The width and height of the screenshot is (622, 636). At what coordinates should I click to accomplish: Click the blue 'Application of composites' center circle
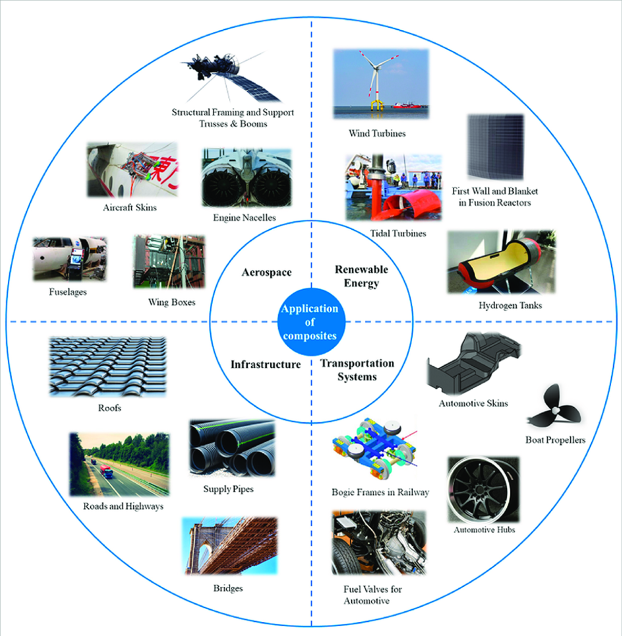coord(311,322)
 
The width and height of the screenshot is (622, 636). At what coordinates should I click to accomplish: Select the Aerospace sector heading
coord(266,272)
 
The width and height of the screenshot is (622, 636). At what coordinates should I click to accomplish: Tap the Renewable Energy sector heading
coord(361,276)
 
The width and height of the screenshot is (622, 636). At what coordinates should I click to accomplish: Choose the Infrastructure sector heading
coord(266,364)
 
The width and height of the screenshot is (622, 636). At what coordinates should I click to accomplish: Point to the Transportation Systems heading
coord(357,370)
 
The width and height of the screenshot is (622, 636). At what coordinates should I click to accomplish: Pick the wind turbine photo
coord(381,84)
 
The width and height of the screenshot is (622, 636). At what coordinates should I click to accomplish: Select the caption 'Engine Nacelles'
coord(244,218)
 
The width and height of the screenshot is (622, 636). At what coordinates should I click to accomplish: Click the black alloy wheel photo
coord(483,490)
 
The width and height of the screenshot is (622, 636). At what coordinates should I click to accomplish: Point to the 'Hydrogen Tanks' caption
coord(510,306)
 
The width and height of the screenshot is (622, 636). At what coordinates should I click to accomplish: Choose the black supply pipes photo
coord(232,448)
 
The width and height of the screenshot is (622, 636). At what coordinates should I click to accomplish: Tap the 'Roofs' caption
coord(109,408)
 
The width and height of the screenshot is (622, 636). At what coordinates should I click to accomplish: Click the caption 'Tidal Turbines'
coord(398,233)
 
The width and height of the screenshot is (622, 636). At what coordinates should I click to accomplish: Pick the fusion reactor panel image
coord(495,147)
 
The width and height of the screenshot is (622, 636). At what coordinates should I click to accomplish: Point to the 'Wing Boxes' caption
coord(172,302)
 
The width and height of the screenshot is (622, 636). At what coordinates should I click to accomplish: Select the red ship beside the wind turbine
coord(408,105)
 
